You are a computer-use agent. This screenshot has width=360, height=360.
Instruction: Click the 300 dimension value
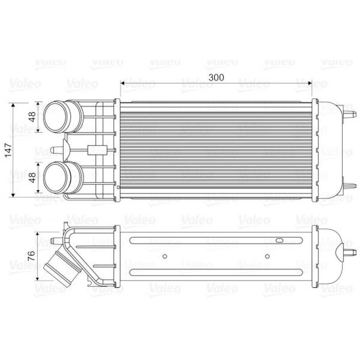click(216, 77)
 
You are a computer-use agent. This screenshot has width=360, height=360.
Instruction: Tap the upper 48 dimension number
click(32, 117)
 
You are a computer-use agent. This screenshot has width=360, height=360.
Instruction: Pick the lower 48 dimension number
click(32, 177)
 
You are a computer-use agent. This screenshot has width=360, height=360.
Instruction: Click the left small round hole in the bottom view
click(165, 256)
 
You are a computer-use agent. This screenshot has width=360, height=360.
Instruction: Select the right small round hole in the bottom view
click(267, 256)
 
